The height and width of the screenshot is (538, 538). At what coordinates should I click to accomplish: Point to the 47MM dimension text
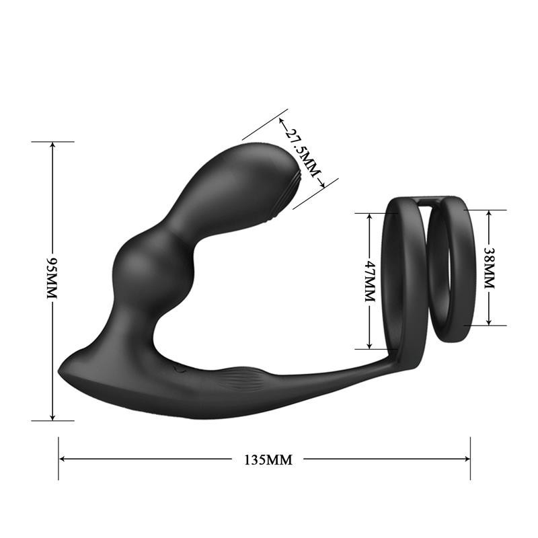[x=369, y=281]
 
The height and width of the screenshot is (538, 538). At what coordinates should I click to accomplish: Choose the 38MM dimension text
[x=489, y=267]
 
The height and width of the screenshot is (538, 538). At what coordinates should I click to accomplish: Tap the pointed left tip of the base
[x=62, y=368]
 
